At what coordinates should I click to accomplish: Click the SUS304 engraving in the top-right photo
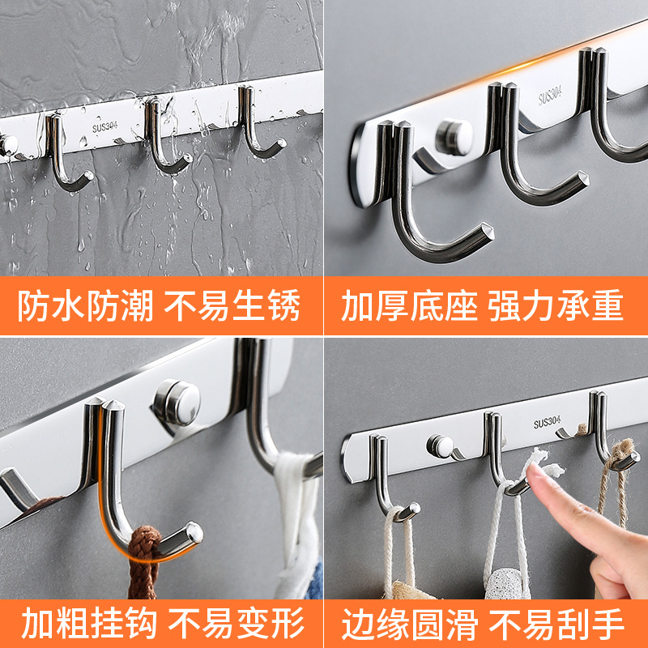[x=550, y=96]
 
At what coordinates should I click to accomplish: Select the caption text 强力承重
[x=556, y=306]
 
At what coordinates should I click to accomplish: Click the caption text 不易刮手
[x=556, y=624]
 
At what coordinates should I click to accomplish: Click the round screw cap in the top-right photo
[x=454, y=135]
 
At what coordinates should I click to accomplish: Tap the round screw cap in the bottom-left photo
[x=177, y=401]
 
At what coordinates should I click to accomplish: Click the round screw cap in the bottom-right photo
[x=440, y=445]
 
